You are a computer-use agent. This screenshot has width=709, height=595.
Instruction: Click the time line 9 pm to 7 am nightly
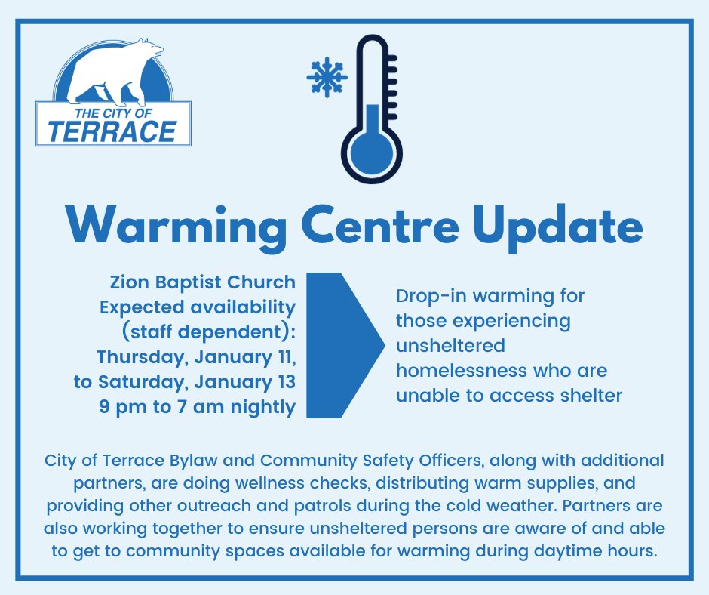[x=198, y=407]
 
